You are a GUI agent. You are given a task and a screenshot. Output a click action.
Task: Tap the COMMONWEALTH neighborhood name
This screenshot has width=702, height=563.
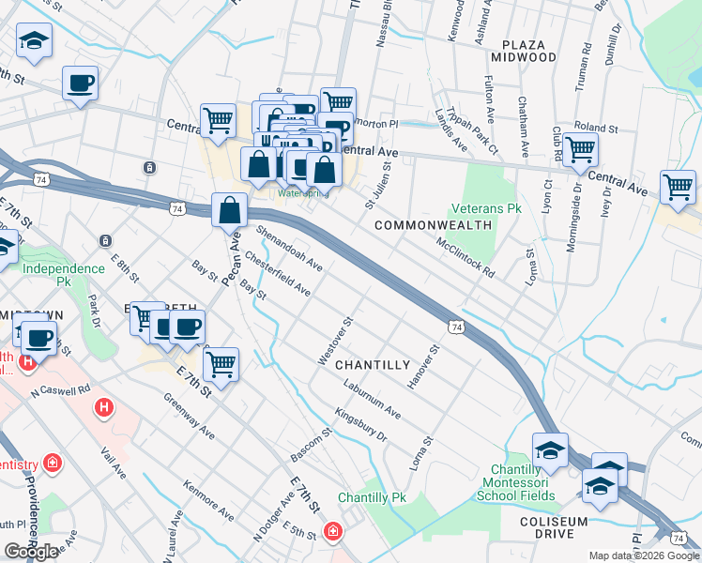433,226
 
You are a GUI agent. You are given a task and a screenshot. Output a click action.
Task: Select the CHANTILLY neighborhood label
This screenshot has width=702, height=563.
373,364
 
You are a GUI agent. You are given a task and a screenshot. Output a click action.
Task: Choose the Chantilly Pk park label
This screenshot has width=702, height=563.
373,497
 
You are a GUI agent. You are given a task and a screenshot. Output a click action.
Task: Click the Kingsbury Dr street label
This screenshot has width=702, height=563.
360,424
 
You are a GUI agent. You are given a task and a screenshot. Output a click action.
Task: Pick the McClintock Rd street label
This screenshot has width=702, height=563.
465,256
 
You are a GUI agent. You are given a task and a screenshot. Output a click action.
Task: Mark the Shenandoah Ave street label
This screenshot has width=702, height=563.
289,248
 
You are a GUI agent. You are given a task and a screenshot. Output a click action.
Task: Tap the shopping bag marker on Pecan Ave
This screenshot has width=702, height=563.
230,211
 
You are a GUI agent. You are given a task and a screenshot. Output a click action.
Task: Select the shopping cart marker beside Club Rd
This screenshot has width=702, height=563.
581,147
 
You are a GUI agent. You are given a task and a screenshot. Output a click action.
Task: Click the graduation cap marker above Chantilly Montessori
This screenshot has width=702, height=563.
550,449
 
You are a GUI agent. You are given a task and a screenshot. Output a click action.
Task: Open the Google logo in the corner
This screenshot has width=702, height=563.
32,552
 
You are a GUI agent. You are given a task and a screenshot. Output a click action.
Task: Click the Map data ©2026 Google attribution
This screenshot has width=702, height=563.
644,555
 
